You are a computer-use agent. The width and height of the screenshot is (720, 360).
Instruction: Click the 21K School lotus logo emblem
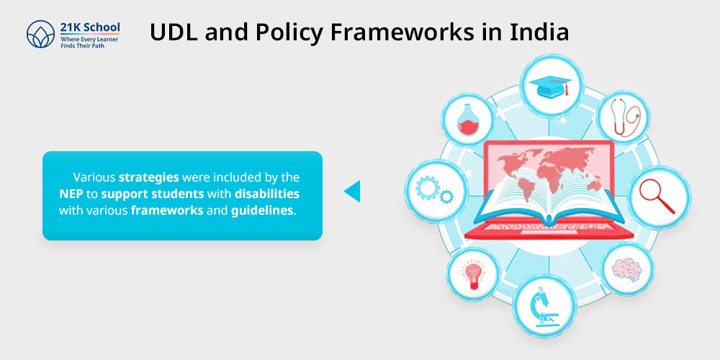point(40,34)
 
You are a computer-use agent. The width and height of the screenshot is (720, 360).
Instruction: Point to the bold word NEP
point(71,194)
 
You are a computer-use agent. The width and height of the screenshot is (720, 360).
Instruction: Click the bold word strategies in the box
point(149,178)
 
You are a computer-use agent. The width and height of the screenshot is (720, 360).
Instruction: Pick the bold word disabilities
point(267,194)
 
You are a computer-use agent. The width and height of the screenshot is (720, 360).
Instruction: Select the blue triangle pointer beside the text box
point(352,191)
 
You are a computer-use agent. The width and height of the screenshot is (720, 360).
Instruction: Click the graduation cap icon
point(550,86)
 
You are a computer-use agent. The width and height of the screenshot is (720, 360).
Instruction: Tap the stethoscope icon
point(624,117)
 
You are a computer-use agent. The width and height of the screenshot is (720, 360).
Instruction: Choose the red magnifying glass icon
point(657,196)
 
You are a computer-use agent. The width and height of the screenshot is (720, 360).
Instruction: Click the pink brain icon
point(627,269)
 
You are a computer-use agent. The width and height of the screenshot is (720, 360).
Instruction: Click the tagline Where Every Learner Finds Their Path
point(89,42)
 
